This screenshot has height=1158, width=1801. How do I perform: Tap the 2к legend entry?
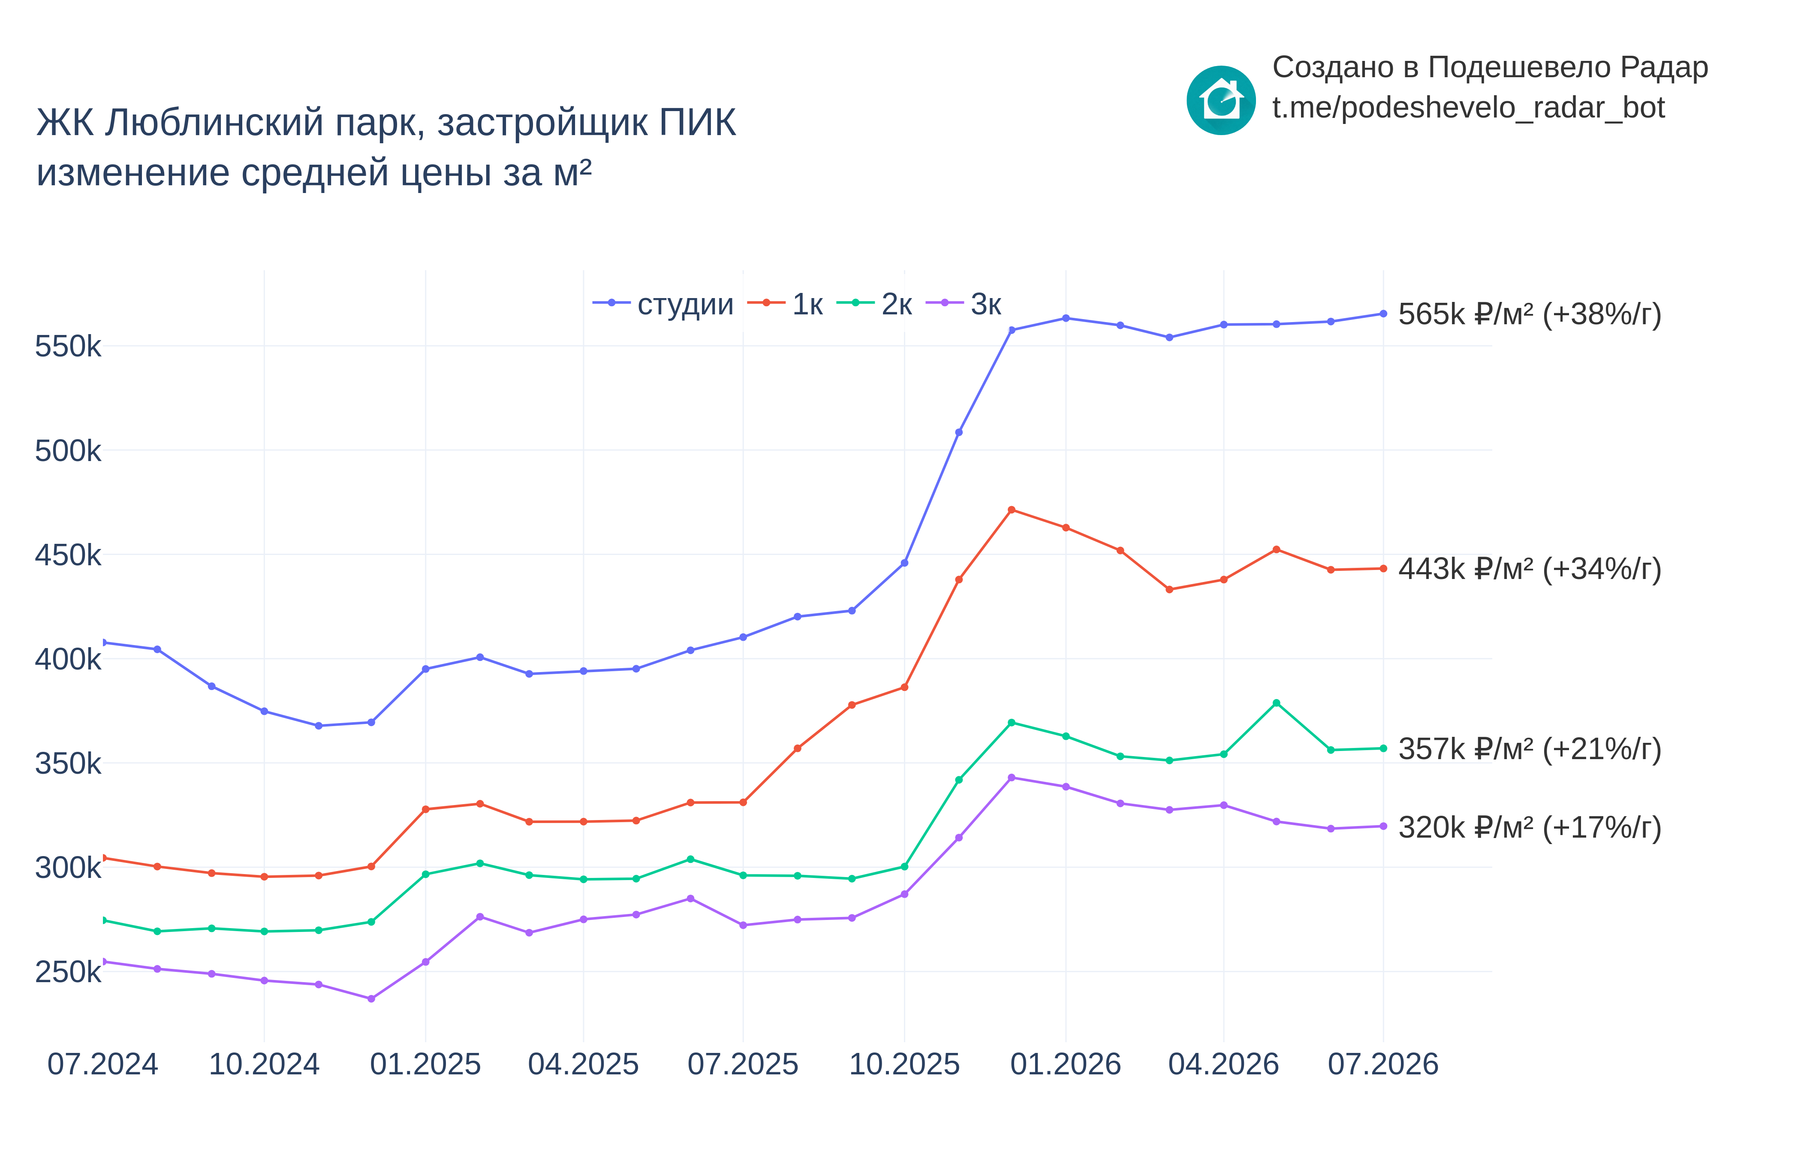tap(874, 304)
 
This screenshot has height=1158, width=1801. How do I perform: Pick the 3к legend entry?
tap(964, 304)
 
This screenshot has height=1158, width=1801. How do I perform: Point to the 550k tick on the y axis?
tap(68, 347)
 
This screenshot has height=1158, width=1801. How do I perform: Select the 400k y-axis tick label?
tap(68, 660)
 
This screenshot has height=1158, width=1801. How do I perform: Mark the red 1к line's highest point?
tap(1011, 510)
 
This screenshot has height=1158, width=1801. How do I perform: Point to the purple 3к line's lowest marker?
tap(371, 998)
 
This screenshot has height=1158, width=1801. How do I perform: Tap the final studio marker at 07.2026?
tap(1383, 314)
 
